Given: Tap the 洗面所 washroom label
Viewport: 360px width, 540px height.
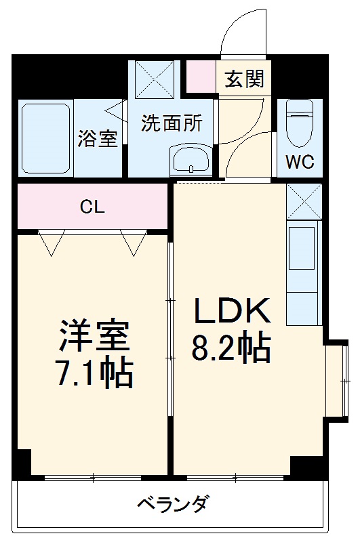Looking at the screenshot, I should (172, 124).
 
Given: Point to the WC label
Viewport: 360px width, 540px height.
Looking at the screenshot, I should (298, 163).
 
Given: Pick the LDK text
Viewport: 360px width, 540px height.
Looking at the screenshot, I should (233, 311).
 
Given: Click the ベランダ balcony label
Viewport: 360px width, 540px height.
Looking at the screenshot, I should (172, 504).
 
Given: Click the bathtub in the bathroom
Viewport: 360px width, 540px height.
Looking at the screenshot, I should (45, 138).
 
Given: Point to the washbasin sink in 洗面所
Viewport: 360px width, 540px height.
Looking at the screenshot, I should (191, 161).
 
